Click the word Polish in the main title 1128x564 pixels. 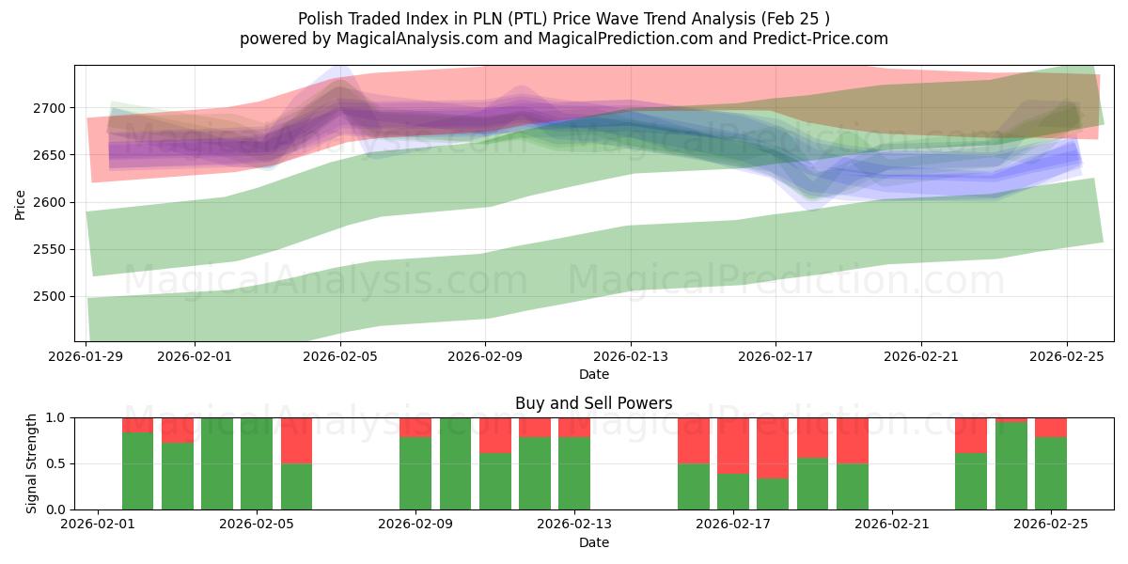click(320, 19)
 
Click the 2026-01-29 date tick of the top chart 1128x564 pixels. click(86, 356)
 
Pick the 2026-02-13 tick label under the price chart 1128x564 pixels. click(631, 356)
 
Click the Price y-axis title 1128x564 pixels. click(20, 203)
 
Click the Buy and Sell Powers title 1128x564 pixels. click(593, 403)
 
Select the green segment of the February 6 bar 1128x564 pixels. click(296, 487)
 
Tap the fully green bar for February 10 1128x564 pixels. click(455, 463)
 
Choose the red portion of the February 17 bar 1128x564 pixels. click(733, 445)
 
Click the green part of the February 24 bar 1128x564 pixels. click(1010, 466)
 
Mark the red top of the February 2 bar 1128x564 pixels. click(137, 425)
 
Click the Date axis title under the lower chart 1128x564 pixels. click(593, 542)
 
